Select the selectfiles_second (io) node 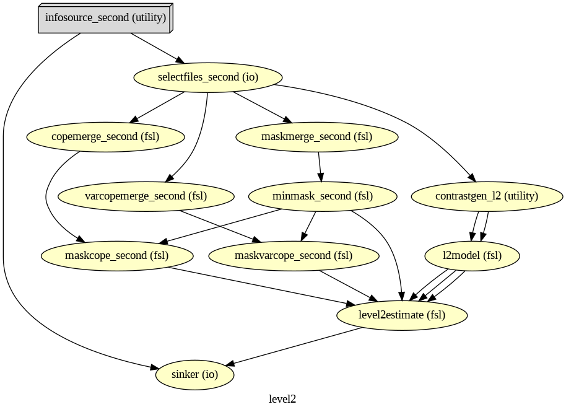tap(208, 77)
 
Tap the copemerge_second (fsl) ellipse tap(105, 137)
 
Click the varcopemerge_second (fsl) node tap(146, 196)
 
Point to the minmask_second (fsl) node tap(322, 196)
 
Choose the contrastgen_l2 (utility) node tap(487, 196)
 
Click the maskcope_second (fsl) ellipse tap(116, 255)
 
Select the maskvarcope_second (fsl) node tap(294, 255)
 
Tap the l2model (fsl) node tap(472, 255)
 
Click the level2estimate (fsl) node tap(402, 315)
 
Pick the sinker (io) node tap(194, 374)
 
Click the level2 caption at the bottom tap(282, 399)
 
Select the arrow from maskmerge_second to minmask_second tap(320, 167)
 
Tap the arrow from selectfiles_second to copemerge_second tap(159, 106)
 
